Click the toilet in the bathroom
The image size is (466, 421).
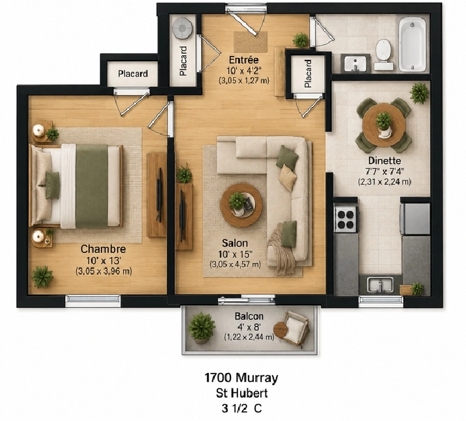coord(383,55)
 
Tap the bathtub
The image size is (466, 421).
coord(413,44)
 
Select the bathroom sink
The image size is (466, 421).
coord(355,64)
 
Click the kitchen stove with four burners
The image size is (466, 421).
coord(345,219)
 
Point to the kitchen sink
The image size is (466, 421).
coord(380,284)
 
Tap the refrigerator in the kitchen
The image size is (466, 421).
coord(415,219)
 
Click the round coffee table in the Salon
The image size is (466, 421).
coord(241,205)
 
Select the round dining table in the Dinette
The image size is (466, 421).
coord(384,125)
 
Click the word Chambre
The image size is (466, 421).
coord(103,249)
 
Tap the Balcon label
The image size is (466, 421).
coord(249,316)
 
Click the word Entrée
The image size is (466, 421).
coord(243,60)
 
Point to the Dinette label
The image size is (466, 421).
coord(385,161)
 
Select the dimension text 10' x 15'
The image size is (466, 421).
coord(235,254)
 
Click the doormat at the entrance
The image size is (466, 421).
coord(250,42)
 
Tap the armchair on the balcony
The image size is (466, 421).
coord(294,329)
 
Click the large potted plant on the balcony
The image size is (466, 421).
coord(201,327)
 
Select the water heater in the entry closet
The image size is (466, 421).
coord(182,29)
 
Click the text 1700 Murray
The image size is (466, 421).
coord(241,378)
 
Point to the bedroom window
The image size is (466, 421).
coord(93,301)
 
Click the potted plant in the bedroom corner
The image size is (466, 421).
coord(42,277)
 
